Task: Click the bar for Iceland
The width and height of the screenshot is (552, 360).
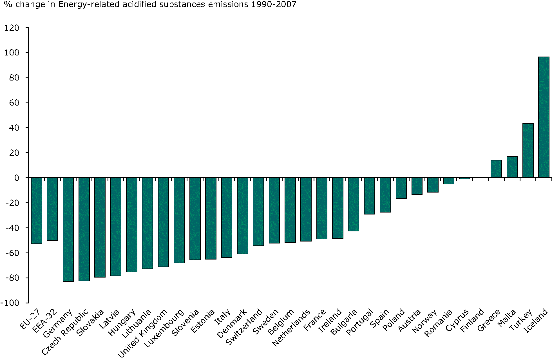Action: coord(544,117)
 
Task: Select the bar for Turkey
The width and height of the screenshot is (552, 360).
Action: coord(528,151)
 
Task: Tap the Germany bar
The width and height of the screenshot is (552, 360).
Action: coord(68,229)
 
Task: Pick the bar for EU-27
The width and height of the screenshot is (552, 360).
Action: coord(36,211)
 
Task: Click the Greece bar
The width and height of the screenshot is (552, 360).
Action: coord(496,169)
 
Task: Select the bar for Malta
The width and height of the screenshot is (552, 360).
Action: coord(512,167)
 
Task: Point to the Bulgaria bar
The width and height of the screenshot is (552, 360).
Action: coord(354,204)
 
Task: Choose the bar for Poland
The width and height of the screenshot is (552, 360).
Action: coord(401,188)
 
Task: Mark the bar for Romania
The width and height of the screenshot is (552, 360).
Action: coord(449,181)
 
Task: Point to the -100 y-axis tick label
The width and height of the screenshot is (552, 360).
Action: coord(10,303)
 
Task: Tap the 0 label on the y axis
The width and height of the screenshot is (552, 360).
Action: coord(17,178)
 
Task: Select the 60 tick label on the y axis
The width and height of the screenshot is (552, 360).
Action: coord(14,103)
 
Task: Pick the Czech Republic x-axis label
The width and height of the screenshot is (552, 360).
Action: coord(65,332)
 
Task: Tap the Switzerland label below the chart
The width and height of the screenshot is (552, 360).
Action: coord(244,328)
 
